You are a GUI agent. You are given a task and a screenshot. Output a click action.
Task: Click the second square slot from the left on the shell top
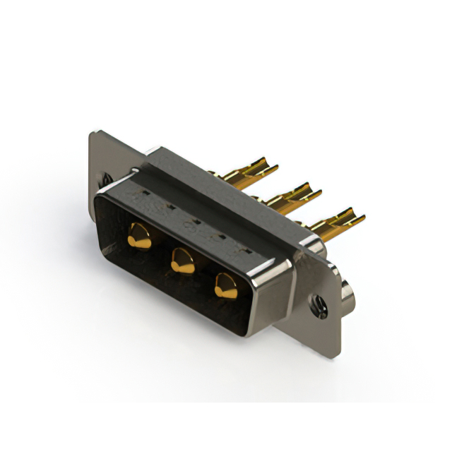(x=169, y=207)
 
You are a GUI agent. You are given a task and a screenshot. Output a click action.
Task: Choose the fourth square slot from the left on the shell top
(x=221, y=235)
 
